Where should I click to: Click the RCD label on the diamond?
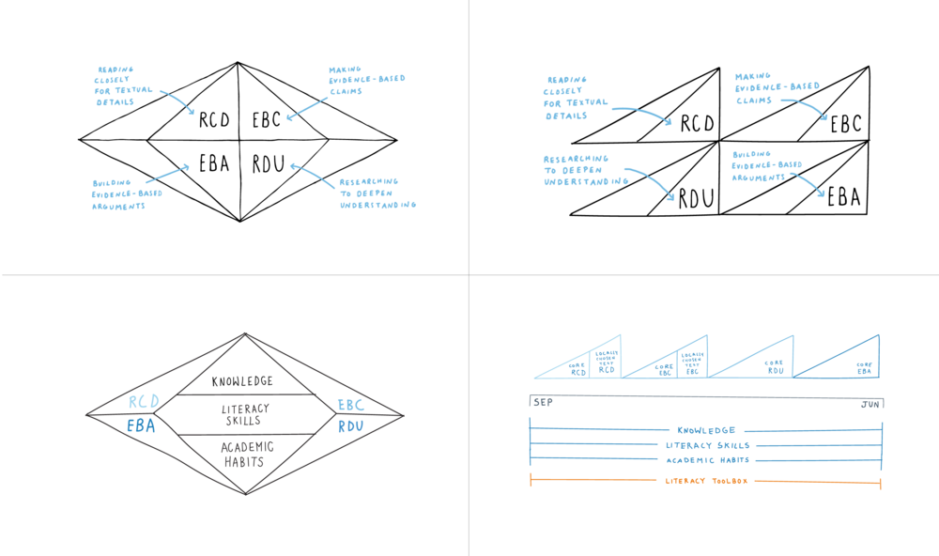[x=143, y=402]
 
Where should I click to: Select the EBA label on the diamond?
[x=141, y=425]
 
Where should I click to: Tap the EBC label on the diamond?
[x=349, y=405]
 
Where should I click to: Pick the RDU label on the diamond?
[x=349, y=426]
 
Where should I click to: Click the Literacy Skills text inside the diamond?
[x=244, y=414]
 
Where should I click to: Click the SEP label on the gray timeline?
[x=543, y=402]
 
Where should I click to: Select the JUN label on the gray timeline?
[x=870, y=404]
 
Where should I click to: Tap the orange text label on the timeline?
[x=706, y=481]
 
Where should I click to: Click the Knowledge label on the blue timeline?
[x=706, y=429]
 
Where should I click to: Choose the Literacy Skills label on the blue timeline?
[x=706, y=445]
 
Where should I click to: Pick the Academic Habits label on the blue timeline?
[x=706, y=460]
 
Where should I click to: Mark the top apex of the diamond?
[x=244, y=333]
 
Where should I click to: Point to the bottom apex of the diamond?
[x=245, y=494]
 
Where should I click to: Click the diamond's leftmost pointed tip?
[x=85, y=414]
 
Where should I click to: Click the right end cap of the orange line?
[x=880, y=484]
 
